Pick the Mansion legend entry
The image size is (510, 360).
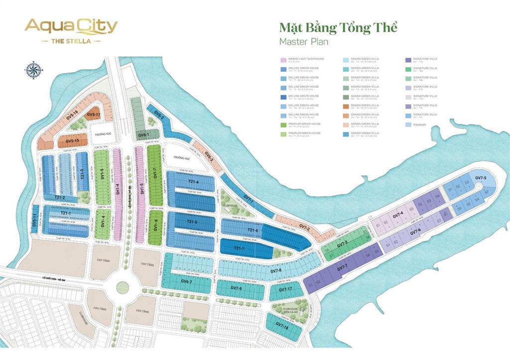click(419, 124)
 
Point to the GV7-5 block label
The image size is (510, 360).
click(480, 178)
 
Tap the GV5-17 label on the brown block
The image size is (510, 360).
click(94, 115)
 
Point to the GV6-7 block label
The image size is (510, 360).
click(186, 282)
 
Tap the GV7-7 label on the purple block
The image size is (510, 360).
click(342, 269)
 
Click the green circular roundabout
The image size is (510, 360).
click(122, 287)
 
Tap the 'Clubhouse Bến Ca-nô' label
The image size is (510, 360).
click(290, 310)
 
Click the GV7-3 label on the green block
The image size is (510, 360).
click(342, 244)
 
